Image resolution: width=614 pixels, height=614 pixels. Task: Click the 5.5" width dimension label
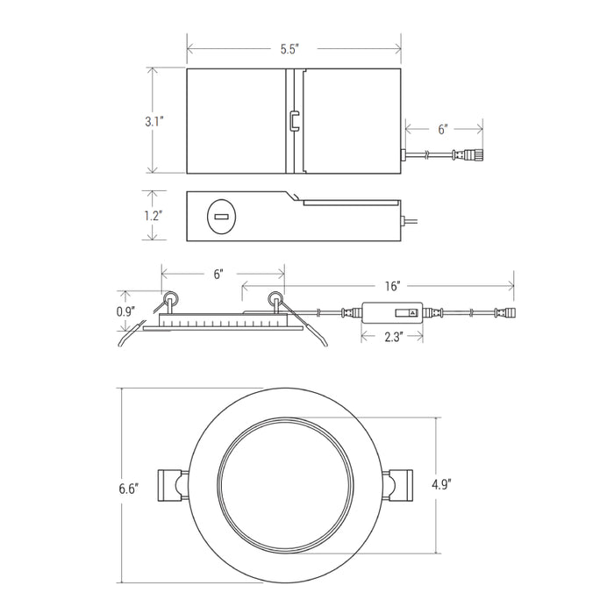point(289,49)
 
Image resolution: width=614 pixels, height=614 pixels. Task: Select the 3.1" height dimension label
point(153,121)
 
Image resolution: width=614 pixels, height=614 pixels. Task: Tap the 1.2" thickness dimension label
point(153,216)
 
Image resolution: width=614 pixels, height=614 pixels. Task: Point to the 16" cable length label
point(392,286)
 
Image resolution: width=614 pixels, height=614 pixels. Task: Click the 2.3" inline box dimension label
point(394,337)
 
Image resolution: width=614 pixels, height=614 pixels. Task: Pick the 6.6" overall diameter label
point(129,489)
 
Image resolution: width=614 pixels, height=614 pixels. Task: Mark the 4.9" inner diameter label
point(442,485)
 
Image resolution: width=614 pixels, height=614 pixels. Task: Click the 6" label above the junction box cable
point(443,129)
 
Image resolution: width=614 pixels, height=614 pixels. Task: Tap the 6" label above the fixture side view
point(218,274)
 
